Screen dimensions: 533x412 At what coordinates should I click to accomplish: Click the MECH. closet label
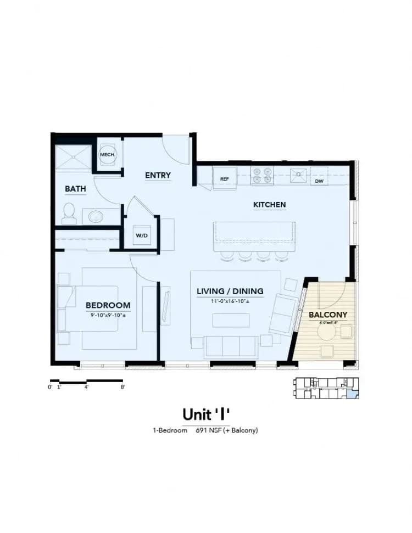click(107, 155)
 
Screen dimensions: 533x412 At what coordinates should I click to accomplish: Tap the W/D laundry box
click(142, 235)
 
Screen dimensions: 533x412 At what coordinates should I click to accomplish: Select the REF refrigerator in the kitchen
click(224, 178)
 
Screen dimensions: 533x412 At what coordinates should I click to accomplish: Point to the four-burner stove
click(263, 175)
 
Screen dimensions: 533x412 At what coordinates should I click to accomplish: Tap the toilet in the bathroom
click(69, 213)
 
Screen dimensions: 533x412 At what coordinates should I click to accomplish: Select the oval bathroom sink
click(96, 216)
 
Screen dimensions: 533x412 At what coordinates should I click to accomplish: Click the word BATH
click(75, 189)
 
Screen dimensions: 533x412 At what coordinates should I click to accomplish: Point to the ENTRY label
click(158, 176)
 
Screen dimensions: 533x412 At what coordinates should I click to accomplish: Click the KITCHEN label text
click(269, 205)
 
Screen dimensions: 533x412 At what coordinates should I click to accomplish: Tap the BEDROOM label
click(108, 305)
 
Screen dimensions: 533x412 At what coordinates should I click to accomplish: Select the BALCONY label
click(328, 315)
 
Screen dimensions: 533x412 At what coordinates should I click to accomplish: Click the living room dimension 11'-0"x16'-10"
click(230, 301)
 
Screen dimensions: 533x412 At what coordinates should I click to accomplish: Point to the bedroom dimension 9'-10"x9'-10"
click(107, 316)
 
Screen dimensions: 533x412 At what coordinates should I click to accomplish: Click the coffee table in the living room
click(231, 319)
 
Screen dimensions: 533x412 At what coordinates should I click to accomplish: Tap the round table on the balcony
click(327, 332)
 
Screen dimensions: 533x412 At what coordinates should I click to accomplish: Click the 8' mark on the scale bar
click(123, 387)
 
